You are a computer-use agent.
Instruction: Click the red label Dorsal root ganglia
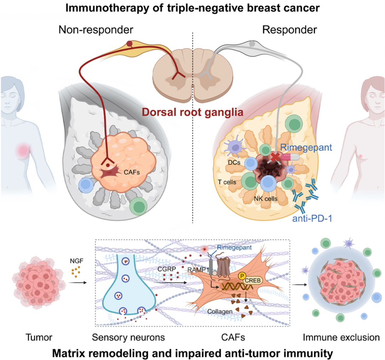pos(192,112)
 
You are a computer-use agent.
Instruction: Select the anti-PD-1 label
pos(312,218)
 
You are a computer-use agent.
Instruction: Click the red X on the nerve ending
pos(275,156)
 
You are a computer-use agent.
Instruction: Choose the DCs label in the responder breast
pos(233,162)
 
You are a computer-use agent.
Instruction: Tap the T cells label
pos(227,182)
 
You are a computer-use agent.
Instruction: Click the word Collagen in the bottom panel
pos(220,311)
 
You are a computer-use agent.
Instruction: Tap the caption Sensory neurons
pos(128,337)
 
